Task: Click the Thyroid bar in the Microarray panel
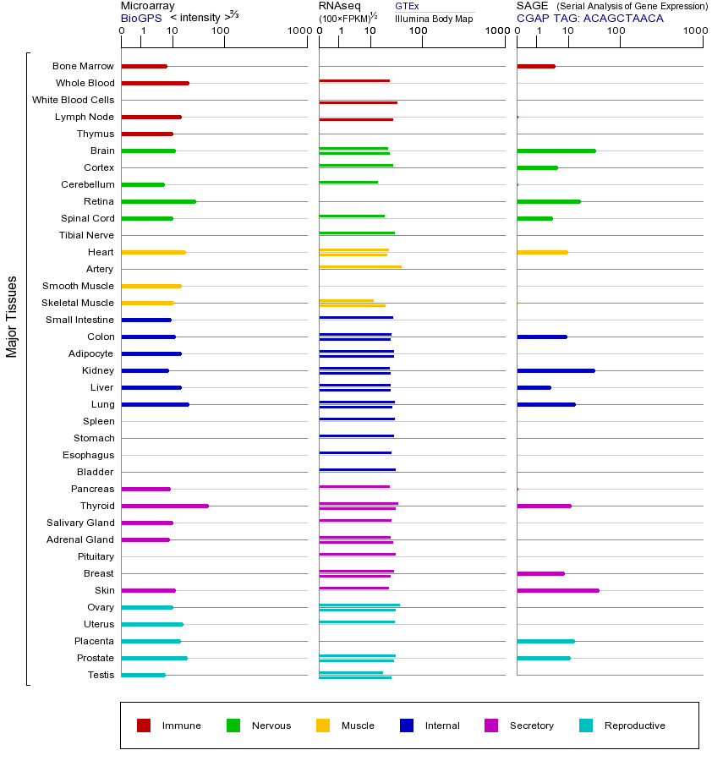click(x=165, y=506)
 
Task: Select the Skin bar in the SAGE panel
click(x=558, y=590)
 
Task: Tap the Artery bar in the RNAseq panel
click(x=360, y=266)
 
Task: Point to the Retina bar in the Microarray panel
click(x=159, y=201)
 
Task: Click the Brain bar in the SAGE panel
click(x=556, y=151)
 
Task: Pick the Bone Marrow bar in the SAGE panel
click(x=535, y=66)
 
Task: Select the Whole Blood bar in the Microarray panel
click(x=155, y=83)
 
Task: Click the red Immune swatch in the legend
click(x=144, y=725)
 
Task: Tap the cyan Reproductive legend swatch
click(x=586, y=725)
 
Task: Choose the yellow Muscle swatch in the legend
click(x=323, y=725)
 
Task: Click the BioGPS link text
click(x=140, y=18)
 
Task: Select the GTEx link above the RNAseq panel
click(x=407, y=6)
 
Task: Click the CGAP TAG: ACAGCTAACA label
click(x=590, y=18)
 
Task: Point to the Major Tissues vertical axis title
click(x=12, y=316)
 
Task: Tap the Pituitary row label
click(x=96, y=556)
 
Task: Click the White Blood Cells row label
click(x=74, y=100)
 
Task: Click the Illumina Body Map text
click(x=434, y=18)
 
